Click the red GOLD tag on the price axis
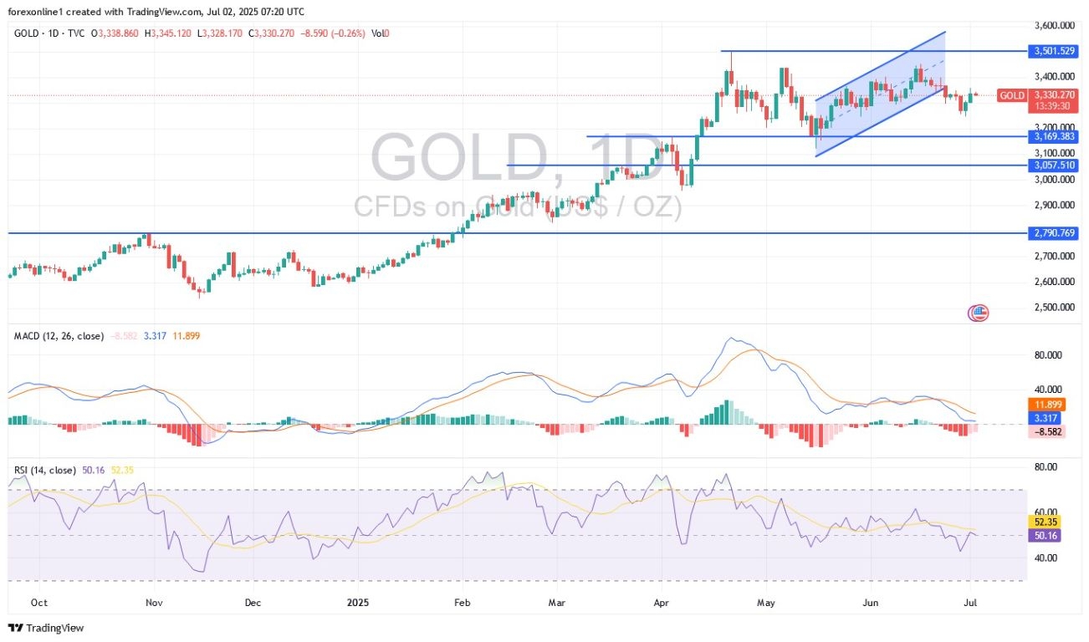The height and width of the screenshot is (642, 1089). (x=1012, y=95)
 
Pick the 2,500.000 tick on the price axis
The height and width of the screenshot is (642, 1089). (x=1053, y=308)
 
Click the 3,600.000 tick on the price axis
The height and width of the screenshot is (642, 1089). (x=1053, y=26)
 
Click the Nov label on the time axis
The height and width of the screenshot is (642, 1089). (x=151, y=602)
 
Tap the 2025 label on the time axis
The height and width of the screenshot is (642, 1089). (x=357, y=602)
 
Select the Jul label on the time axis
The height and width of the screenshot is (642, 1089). (x=971, y=602)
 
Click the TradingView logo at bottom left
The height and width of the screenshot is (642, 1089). (x=47, y=628)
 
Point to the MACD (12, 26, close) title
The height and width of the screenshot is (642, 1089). (x=59, y=336)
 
